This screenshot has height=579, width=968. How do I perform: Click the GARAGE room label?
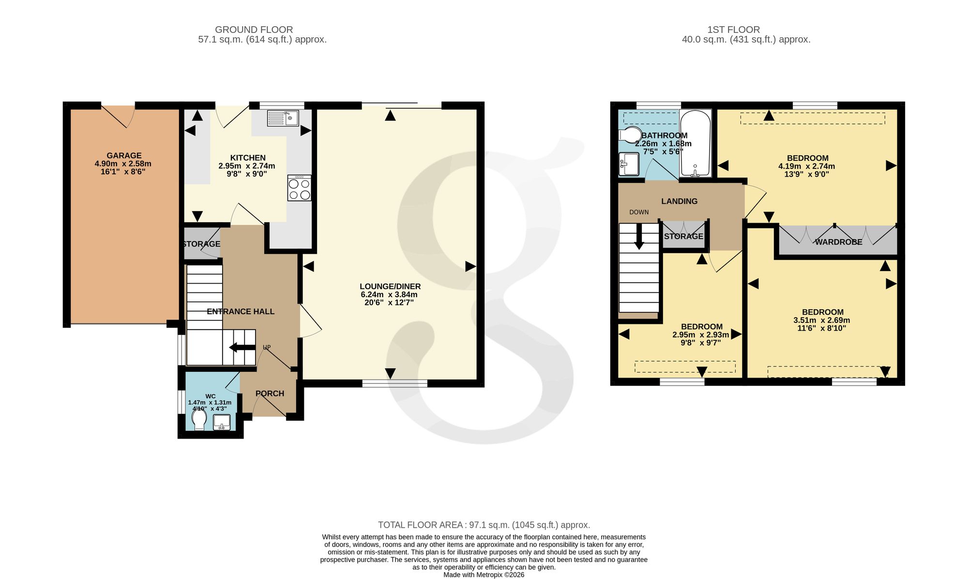point(124,155)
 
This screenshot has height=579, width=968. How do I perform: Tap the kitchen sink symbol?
point(283,118)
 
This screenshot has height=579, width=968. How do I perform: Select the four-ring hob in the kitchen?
point(300,188)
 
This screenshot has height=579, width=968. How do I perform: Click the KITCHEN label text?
point(248,158)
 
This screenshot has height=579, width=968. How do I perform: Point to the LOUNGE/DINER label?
point(390,287)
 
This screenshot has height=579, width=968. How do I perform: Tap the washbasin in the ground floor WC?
point(222,422)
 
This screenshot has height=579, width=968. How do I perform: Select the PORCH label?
point(270,394)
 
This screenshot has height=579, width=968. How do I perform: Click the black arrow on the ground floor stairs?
point(242,347)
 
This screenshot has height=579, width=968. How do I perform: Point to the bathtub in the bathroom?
point(696,143)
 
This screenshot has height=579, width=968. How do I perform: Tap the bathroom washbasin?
point(629,164)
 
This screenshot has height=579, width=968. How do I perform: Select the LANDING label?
point(680,201)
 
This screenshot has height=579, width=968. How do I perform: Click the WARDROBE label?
point(838,242)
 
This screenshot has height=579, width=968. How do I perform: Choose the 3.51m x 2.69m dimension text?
point(822,320)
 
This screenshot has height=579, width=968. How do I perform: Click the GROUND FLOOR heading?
point(254,30)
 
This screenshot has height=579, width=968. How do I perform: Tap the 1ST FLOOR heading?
point(734,30)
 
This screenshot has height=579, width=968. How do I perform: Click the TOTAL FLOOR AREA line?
point(484,525)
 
